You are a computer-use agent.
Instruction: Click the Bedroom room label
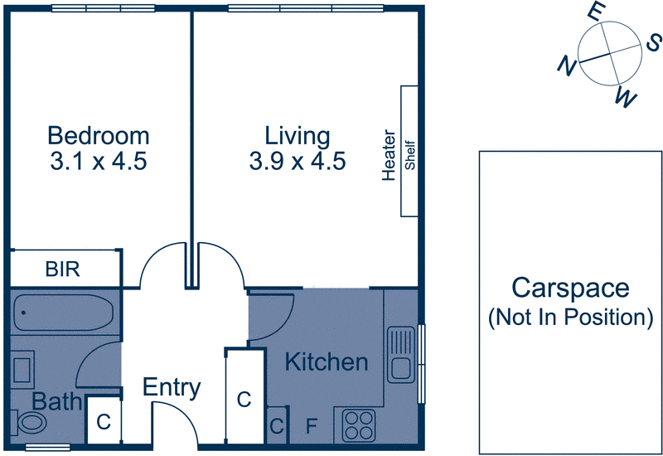(x=99, y=135)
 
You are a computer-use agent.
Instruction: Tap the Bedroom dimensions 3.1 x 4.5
(x=99, y=161)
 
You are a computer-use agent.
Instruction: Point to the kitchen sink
(x=401, y=352)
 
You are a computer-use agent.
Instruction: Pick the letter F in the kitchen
(x=312, y=428)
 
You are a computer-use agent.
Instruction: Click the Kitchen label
(x=326, y=362)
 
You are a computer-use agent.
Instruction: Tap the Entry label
(x=172, y=387)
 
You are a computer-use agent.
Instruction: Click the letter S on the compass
(x=654, y=41)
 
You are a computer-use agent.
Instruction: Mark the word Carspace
(x=569, y=289)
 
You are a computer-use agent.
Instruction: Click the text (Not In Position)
(x=569, y=316)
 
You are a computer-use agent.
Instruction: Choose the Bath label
(x=57, y=402)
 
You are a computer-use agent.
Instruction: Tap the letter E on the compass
(x=594, y=12)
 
